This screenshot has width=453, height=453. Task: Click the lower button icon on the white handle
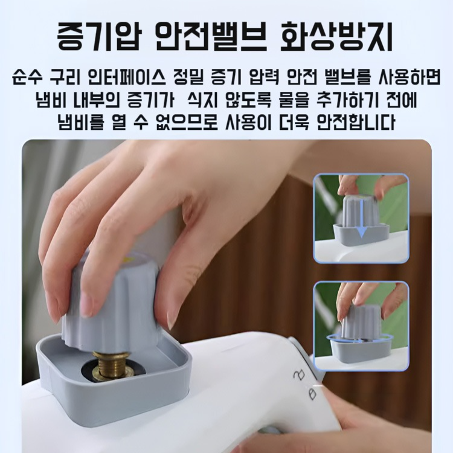pos(312,394)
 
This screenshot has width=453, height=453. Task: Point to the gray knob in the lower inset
pos(361,321)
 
